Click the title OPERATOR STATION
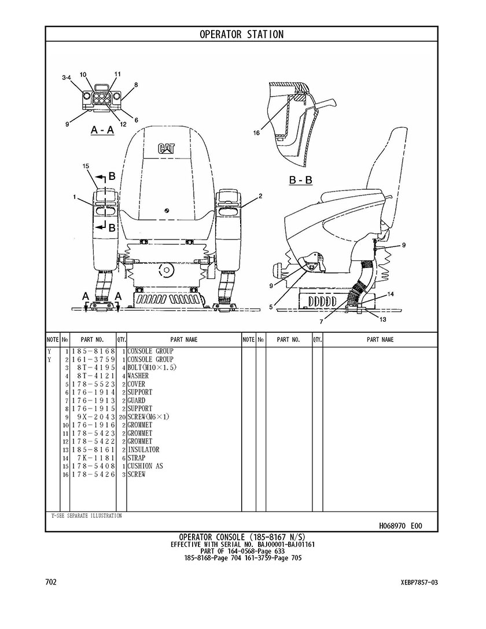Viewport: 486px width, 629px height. [242, 35]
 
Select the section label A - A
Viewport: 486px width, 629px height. [102, 131]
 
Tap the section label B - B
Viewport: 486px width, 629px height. [301, 181]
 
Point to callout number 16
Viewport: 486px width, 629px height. [256, 133]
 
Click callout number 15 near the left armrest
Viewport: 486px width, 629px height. [86, 167]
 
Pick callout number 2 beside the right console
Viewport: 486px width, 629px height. [260, 196]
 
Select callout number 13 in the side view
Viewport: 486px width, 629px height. [382, 319]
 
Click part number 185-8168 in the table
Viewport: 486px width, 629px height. [93, 351]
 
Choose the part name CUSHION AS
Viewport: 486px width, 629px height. [145, 466]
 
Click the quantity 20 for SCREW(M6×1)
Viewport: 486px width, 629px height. [122, 417]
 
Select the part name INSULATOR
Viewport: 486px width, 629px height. [143, 450]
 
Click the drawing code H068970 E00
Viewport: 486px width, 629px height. [400, 526]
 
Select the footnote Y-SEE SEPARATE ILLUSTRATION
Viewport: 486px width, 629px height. [85, 516]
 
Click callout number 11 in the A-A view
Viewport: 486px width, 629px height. [117, 74]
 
